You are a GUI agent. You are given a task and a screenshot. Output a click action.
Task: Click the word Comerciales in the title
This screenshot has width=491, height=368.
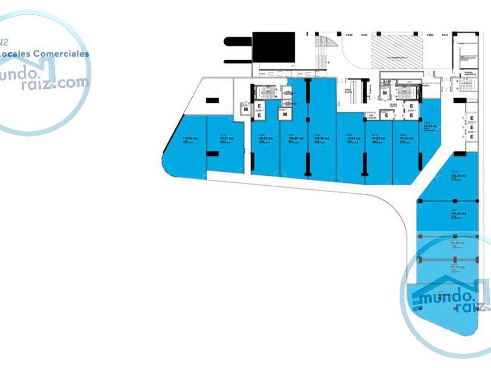coord(61,54)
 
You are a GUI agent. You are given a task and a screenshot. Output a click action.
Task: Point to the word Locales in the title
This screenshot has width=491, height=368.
coord(14,54)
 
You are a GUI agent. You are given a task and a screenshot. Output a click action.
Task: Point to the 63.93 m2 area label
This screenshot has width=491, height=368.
coord(430,126)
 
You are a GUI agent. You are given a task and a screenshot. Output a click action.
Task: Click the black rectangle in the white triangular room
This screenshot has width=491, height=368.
coord(211,100)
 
